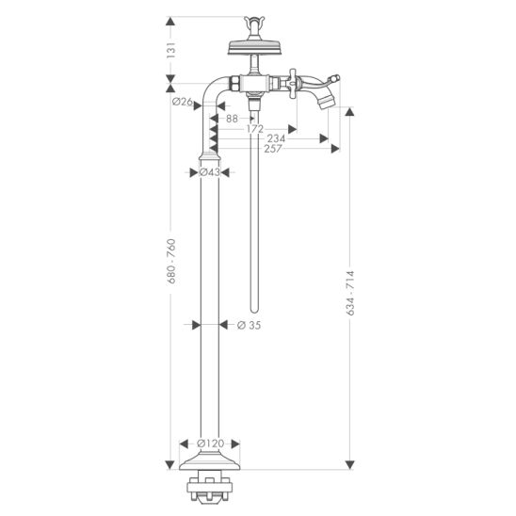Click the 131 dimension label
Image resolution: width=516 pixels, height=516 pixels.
point(170,50)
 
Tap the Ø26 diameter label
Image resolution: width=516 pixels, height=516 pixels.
point(183,102)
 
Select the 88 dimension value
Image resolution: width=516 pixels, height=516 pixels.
point(232,119)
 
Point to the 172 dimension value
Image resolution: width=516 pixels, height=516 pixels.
point(255,129)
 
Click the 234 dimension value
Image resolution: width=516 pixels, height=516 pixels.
point(276,138)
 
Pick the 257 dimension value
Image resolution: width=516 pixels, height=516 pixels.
point(273,149)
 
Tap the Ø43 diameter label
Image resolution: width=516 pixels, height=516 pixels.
point(210,172)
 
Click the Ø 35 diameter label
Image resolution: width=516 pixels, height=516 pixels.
point(249,325)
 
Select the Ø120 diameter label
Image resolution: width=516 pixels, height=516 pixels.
point(211,443)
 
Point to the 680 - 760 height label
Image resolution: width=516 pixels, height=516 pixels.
point(171,261)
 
